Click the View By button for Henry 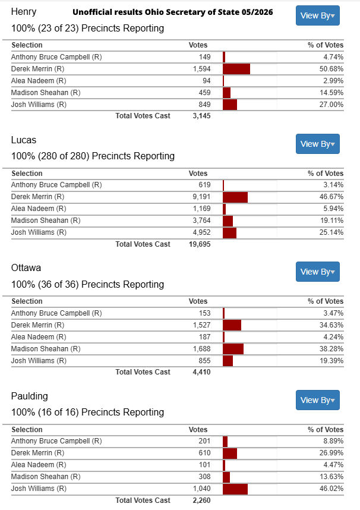point(317,15)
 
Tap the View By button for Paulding point(317,400)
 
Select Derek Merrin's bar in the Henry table point(236,69)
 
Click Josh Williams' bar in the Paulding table point(235,489)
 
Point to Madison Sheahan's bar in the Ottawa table point(233,349)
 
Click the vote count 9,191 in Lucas point(201,197)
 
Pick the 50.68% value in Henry point(331,69)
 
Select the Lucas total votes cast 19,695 point(200,244)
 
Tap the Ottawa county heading point(26,268)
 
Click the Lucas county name point(24,140)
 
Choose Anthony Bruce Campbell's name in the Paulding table point(56,441)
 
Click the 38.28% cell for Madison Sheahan point(331,349)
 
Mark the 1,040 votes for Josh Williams point(201,489)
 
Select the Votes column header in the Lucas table point(198,174)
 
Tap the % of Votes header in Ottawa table point(326,301)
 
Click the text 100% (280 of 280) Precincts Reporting point(93,156)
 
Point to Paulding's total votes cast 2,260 point(201,500)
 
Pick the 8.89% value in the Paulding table point(333,441)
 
